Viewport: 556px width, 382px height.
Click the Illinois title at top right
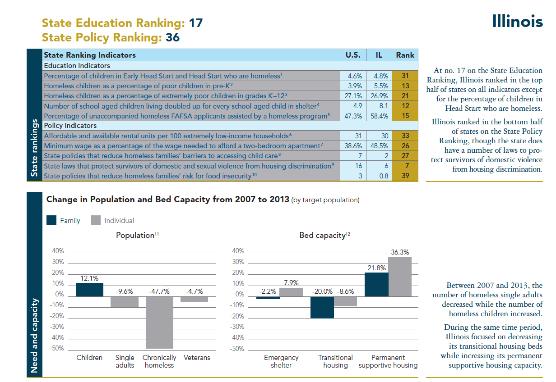pos(517,21)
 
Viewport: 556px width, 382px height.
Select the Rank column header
pos(405,55)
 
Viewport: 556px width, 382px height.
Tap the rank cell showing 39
pos(405,176)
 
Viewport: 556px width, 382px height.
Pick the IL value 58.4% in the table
pos(379,116)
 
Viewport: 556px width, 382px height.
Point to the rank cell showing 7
pos(405,166)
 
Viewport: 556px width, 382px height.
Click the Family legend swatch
pos(51,220)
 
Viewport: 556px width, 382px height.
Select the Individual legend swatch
pos(95,220)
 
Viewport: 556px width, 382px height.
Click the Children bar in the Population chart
pos(89,290)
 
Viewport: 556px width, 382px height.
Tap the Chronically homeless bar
pos(159,322)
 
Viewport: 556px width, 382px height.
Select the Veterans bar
pos(194,299)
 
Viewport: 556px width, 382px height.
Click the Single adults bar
pos(124,302)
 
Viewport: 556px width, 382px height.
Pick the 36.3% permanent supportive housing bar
pos(400,277)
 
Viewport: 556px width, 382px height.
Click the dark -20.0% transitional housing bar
pos(322,307)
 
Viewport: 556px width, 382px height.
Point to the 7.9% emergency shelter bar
pos(291,292)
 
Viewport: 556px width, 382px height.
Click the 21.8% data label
pos(376,268)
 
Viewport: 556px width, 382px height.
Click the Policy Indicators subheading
pos(70,126)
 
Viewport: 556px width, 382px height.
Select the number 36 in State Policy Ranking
pos(172,37)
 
